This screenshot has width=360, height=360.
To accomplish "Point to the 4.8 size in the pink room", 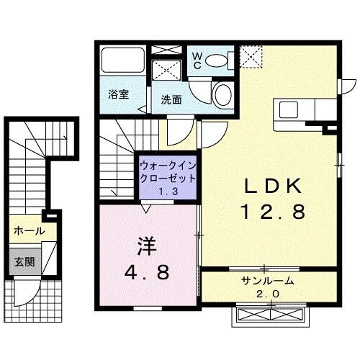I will tap(148, 273).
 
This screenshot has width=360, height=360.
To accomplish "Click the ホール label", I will tap(29, 231).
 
